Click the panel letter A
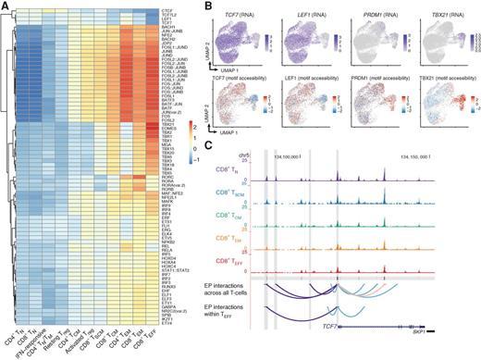(6, 6)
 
